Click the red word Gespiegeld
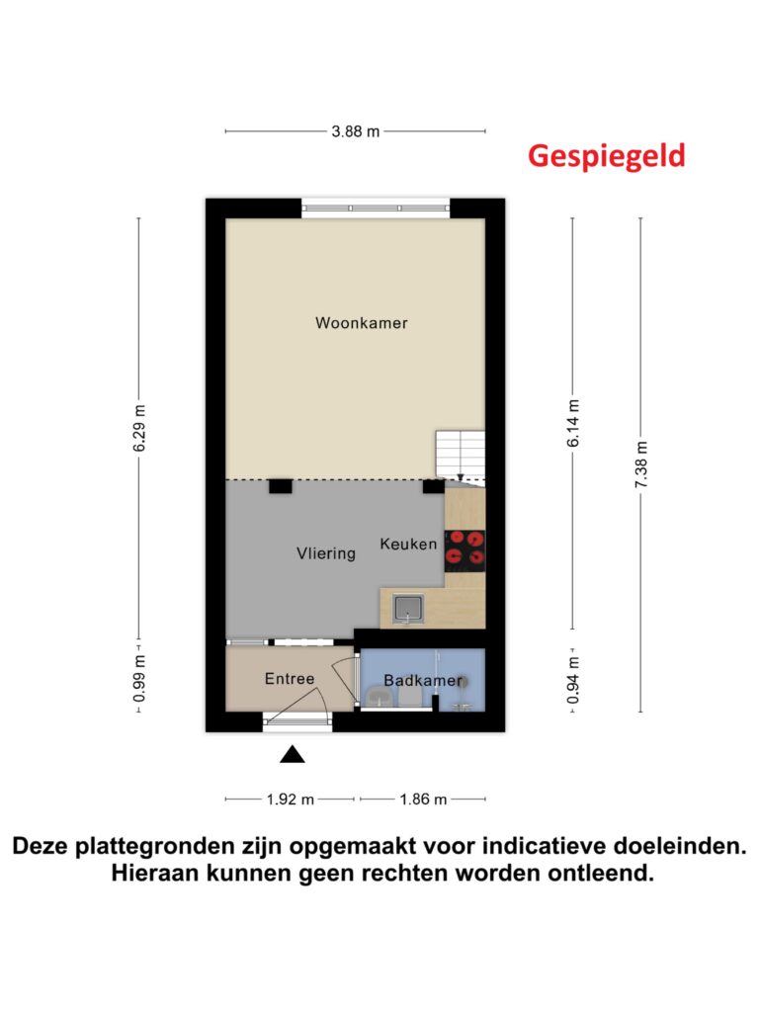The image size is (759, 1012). tap(606, 157)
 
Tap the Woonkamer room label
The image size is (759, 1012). tap(362, 323)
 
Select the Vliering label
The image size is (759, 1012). tap(326, 553)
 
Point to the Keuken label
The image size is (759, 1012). tap(408, 545)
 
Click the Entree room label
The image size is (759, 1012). tap(290, 678)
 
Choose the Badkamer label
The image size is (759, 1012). tap(423, 680)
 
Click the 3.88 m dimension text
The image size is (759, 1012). tap(356, 131)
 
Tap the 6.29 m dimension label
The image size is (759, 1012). tap(139, 429)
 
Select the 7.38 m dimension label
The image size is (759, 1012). tap(640, 464)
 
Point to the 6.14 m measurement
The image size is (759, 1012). tap(573, 423)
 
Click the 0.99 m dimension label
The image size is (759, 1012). tap(139, 678)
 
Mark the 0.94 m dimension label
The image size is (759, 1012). tap(573, 681)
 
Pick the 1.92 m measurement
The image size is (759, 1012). tap(291, 800)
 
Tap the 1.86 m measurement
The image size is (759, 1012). tap(423, 800)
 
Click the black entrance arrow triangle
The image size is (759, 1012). tap(293, 754)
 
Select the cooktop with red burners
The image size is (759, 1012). tap(464, 550)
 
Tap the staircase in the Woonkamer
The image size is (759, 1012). tap(461, 457)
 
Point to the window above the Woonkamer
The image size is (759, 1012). tap(376, 208)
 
